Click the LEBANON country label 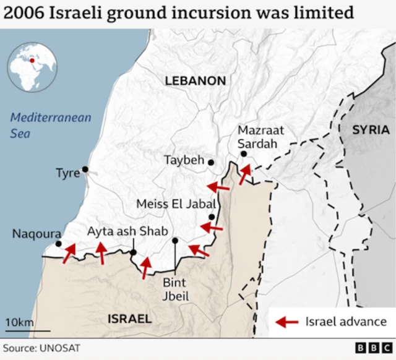pos(195,81)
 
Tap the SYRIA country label pos(371,130)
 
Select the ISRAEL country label pos(129,319)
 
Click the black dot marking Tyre pos(85,169)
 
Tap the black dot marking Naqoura pos(58,244)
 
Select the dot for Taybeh pos(211,162)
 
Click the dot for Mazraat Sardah pos(244,154)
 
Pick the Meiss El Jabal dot pos(212,217)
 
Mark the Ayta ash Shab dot pos(133,252)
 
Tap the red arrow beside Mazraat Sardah pos(246,174)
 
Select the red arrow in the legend pos(286,322)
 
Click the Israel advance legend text pos(345,322)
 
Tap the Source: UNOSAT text pos(41,348)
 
